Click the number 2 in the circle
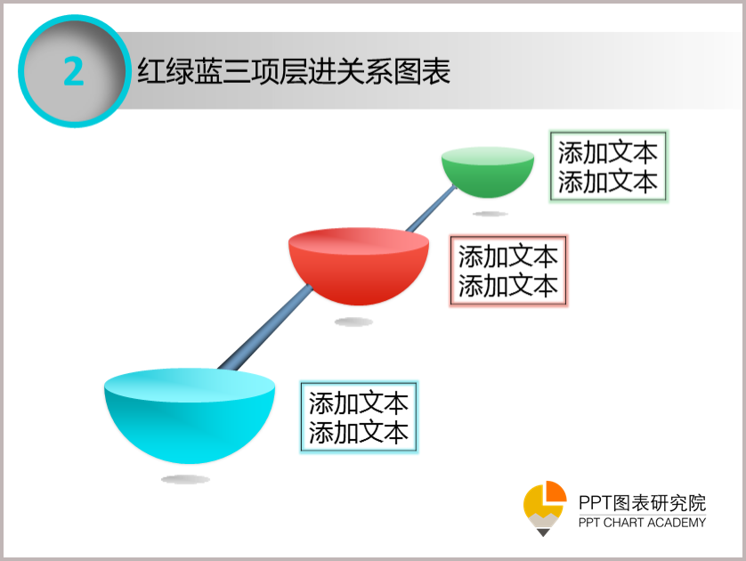(74, 71)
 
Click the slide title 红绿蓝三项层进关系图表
(294, 71)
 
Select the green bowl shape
(488, 172)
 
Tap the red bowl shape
(359, 266)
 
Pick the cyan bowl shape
(190, 416)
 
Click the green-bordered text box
(608, 167)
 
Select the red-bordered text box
(508, 271)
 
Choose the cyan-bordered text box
(359, 417)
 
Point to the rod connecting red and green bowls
(431, 208)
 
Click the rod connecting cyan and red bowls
(265, 328)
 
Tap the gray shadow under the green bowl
(490, 214)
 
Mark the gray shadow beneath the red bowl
(353, 322)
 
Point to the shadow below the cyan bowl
(185, 479)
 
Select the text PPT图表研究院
(642, 503)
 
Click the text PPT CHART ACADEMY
(642, 523)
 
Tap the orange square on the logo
(556, 491)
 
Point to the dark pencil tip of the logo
(543, 533)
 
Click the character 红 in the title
(151, 71)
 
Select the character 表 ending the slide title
(436, 71)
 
